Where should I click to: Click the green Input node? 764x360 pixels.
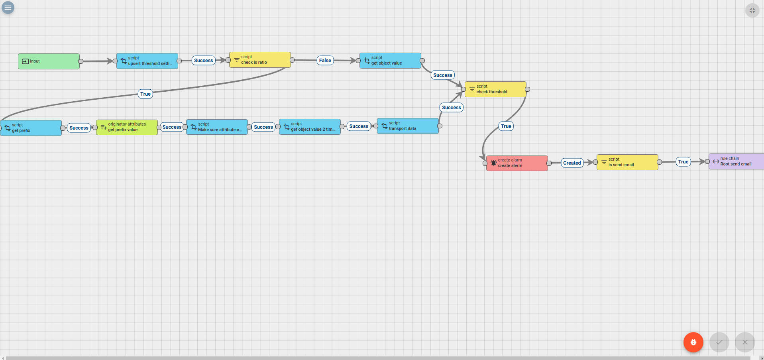[x=49, y=61]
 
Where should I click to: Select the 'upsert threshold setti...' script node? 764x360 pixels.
[x=147, y=61]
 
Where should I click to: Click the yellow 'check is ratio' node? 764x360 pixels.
[x=260, y=60]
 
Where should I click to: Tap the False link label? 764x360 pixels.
[x=325, y=61]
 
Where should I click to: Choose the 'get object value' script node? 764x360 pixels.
[x=390, y=61]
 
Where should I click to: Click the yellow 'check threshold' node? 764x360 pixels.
[x=495, y=89]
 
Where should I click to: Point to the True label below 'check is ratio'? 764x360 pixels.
[x=145, y=94]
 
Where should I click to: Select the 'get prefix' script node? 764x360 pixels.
[x=31, y=128]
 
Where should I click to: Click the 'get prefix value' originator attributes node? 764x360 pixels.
[x=127, y=127]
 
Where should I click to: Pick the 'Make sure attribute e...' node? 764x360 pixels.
[x=217, y=127]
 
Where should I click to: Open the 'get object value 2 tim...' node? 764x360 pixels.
[x=310, y=127]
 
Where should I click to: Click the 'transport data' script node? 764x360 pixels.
[x=408, y=126]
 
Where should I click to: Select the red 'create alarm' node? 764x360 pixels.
[x=517, y=163]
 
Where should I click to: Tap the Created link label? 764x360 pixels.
[x=572, y=163]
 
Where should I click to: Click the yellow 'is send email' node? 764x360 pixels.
[x=627, y=162]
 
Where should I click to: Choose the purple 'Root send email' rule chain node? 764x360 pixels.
[x=736, y=161]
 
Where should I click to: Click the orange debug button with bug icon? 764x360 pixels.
[x=693, y=342]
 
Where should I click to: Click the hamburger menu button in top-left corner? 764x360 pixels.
[x=8, y=8]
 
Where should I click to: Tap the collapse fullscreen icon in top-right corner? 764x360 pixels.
[x=752, y=10]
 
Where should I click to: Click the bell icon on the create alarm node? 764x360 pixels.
[x=493, y=163]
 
